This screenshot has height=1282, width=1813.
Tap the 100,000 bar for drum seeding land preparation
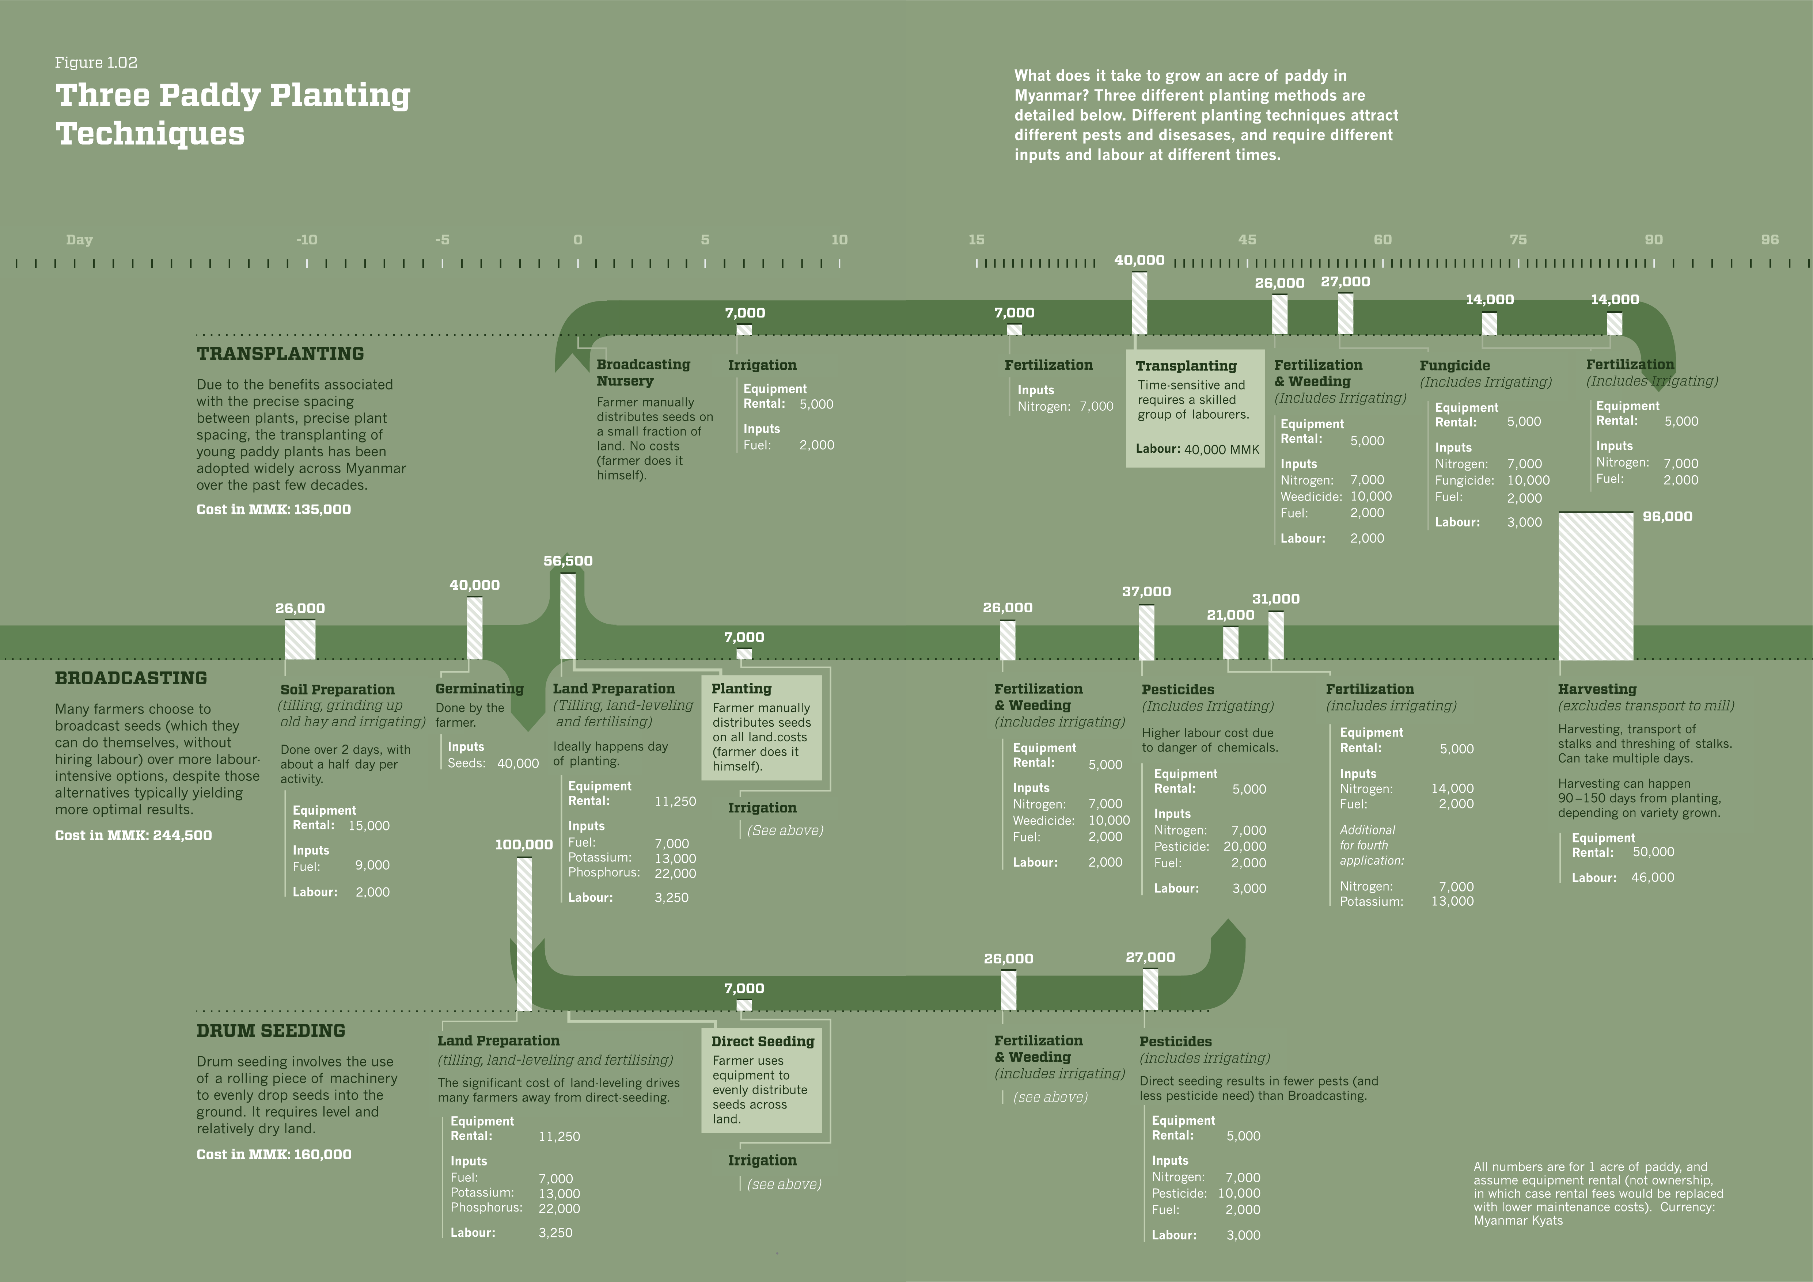tap(524, 934)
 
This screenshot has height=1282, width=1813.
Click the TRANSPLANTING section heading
tap(280, 354)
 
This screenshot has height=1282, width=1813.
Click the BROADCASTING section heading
tap(131, 678)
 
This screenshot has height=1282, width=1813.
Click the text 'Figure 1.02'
tap(96, 62)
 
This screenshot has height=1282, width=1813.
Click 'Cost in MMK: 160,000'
tap(274, 1154)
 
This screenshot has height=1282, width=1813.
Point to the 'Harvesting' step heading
tap(1597, 689)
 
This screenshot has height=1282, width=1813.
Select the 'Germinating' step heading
tap(479, 688)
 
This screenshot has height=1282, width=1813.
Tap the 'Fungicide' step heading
tap(1454, 365)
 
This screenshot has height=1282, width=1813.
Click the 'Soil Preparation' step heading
tap(337, 689)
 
